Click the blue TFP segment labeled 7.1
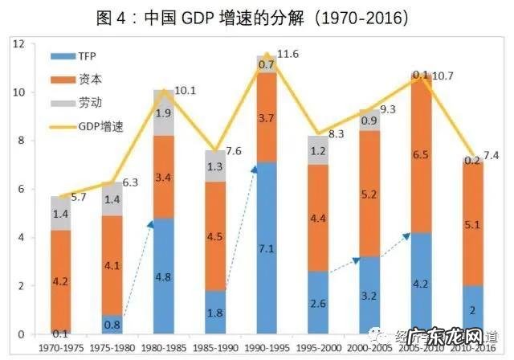pos(267,248)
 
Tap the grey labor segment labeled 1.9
pos(163,112)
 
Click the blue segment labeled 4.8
pos(163,276)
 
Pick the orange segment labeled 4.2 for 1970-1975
pos(59,281)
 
